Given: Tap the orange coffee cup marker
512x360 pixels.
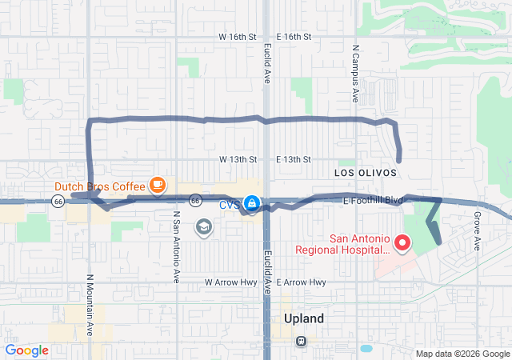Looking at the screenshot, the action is pos(158,186).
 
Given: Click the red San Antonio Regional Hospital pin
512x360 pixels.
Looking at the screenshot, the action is pos(402,242).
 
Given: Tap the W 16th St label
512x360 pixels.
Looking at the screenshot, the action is pos(238,37).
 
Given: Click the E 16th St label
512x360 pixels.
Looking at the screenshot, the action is pos(294,37).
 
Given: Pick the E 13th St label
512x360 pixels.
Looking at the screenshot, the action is pos(294,159).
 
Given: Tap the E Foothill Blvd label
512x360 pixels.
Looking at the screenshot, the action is pos(374,201).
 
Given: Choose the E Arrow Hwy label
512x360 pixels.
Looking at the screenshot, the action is pos(302,282).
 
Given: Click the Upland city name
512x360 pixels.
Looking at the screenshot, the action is pos(304,318).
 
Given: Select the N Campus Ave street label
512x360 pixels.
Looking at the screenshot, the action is pos(354,73).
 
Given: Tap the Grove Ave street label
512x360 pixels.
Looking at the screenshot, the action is pos(476,230).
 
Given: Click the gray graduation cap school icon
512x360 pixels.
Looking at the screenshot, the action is pos(203,228).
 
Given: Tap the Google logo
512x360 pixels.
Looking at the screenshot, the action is pos(26,350).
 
